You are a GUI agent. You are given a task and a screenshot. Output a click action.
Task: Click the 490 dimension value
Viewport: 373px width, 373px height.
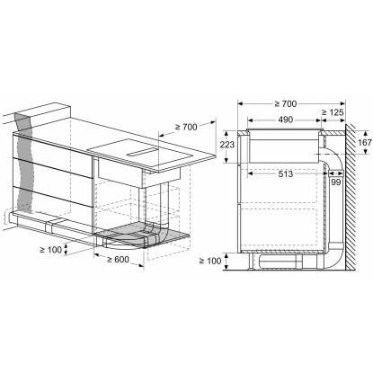pyautogui.click(x=285, y=120)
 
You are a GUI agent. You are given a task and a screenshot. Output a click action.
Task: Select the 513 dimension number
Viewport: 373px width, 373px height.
pyautogui.click(x=285, y=173)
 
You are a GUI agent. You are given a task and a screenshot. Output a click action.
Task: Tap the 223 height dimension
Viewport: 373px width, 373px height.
pyautogui.click(x=227, y=145)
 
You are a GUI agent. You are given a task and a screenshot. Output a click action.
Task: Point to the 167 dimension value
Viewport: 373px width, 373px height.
pyautogui.click(x=365, y=142)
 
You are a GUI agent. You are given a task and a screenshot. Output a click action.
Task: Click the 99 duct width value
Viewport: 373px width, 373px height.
pyautogui.click(x=336, y=182)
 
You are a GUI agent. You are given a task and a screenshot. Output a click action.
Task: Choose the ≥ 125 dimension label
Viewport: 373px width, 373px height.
pyautogui.click(x=333, y=112)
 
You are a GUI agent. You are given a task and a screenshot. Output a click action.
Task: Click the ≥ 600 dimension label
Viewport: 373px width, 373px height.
pyautogui.click(x=118, y=260)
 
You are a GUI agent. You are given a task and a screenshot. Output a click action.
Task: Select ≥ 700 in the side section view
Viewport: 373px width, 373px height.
pyautogui.click(x=286, y=104)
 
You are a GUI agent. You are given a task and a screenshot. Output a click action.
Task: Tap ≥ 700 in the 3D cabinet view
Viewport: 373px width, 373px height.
pyautogui.click(x=186, y=127)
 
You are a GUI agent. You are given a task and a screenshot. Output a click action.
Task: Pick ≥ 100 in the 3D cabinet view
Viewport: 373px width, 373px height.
pyautogui.click(x=51, y=249)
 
